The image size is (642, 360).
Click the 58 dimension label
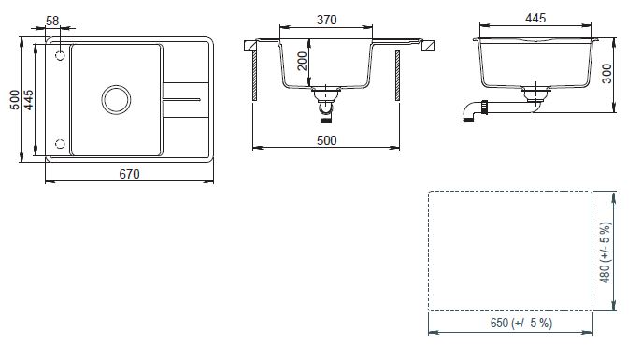[x=52, y=21]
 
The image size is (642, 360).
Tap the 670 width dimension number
[x=129, y=174]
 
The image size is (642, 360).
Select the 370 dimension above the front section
[x=327, y=20]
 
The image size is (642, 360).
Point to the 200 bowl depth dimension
[x=302, y=61]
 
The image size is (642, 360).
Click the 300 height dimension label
[x=606, y=74]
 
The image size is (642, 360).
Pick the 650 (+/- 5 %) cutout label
[x=521, y=323]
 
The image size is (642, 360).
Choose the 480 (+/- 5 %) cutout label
[x=606, y=252]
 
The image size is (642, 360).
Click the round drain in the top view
[x=116, y=99]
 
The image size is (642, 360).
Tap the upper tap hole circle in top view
[x=60, y=55]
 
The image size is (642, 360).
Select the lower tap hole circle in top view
[x=60, y=144]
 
